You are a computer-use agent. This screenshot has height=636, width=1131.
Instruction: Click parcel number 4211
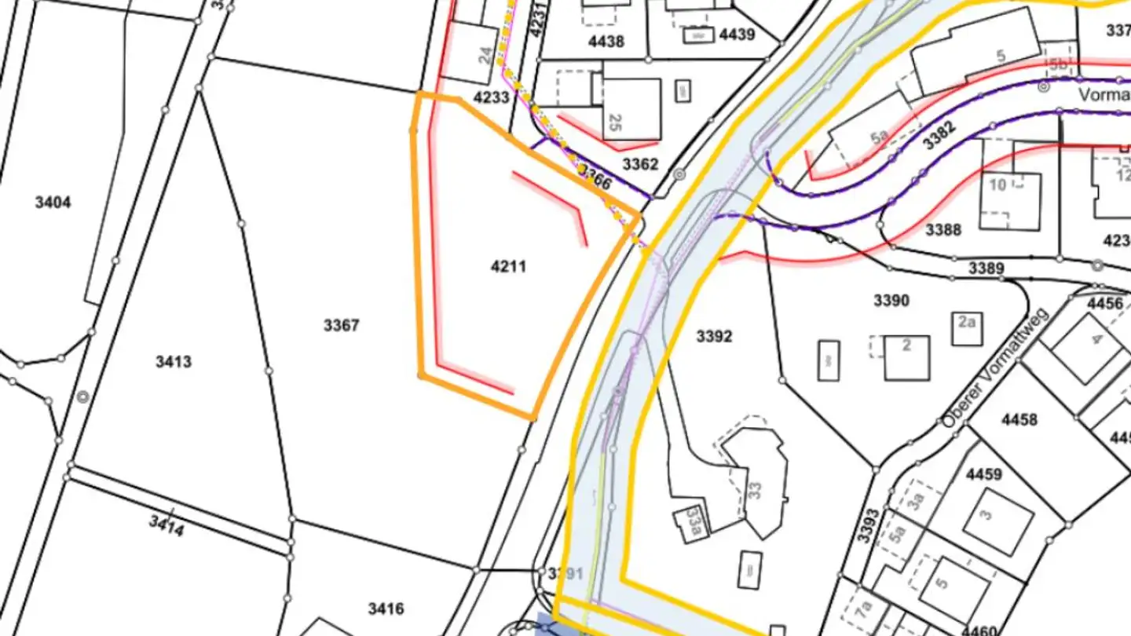tap(508, 267)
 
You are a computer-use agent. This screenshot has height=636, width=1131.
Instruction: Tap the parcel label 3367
tap(341, 325)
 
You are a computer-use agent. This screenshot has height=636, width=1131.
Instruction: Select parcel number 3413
tap(173, 362)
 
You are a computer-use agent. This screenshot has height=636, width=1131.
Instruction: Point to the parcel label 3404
tap(53, 203)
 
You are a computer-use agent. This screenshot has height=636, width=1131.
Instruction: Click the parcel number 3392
tap(714, 337)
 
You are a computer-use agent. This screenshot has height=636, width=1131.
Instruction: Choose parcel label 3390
tap(891, 301)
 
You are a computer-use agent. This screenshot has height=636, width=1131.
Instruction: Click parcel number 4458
tap(1019, 419)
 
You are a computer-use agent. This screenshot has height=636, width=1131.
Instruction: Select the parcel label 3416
tap(386, 609)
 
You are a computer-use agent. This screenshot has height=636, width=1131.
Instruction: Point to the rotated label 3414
tap(167, 525)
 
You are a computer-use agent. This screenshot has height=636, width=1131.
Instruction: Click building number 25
tap(616, 122)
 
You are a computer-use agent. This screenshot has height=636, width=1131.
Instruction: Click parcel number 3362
tap(640, 165)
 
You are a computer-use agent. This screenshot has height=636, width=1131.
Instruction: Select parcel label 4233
tap(492, 97)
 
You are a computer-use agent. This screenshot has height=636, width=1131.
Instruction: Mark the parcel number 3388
tap(943, 230)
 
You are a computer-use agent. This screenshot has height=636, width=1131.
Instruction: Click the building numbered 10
tap(997, 185)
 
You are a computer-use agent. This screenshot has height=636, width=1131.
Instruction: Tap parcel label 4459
tap(983, 474)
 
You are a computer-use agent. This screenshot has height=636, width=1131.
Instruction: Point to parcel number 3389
tap(986, 269)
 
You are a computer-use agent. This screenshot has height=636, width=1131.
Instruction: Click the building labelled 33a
tap(694, 518)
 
